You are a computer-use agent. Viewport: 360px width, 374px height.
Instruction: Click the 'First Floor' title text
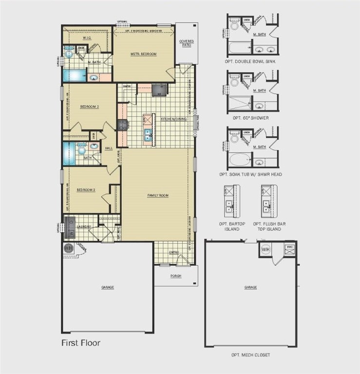click(x=80, y=343)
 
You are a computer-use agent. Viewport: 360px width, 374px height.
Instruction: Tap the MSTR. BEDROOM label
click(x=143, y=54)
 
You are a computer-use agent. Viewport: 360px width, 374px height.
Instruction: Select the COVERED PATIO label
click(x=187, y=43)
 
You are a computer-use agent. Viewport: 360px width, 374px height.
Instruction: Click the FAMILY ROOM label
click(x=158, y=195)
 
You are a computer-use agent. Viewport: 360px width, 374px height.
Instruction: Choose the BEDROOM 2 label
click(x=89, y=106)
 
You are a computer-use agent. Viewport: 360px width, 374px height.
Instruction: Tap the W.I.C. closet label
click(x=88, y=37)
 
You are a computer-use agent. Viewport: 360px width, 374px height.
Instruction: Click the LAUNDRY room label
click(x=84, y=226)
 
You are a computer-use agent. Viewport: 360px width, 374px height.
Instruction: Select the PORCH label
click(x=175, y=276)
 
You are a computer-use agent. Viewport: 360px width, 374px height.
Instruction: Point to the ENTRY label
click(x=174, y=252)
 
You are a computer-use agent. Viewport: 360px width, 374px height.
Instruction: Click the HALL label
click(x=109, y=148)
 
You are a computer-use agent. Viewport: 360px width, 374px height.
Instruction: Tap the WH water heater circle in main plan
click(x=67, y=248)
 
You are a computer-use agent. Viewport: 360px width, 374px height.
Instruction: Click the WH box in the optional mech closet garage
click(x=265, y=249)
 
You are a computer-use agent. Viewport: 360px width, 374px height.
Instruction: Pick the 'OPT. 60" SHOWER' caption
click(x=251, y=117)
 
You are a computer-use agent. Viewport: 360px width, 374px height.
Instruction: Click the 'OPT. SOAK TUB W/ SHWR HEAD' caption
click(x=251, y=174)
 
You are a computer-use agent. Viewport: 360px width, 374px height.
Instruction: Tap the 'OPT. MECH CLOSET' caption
click(x=250, y=355)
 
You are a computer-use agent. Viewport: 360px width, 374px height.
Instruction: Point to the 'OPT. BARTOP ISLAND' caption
click(x=229, y=226)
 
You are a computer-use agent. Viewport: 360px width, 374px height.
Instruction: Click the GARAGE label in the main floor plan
click(x=108, y=287)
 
